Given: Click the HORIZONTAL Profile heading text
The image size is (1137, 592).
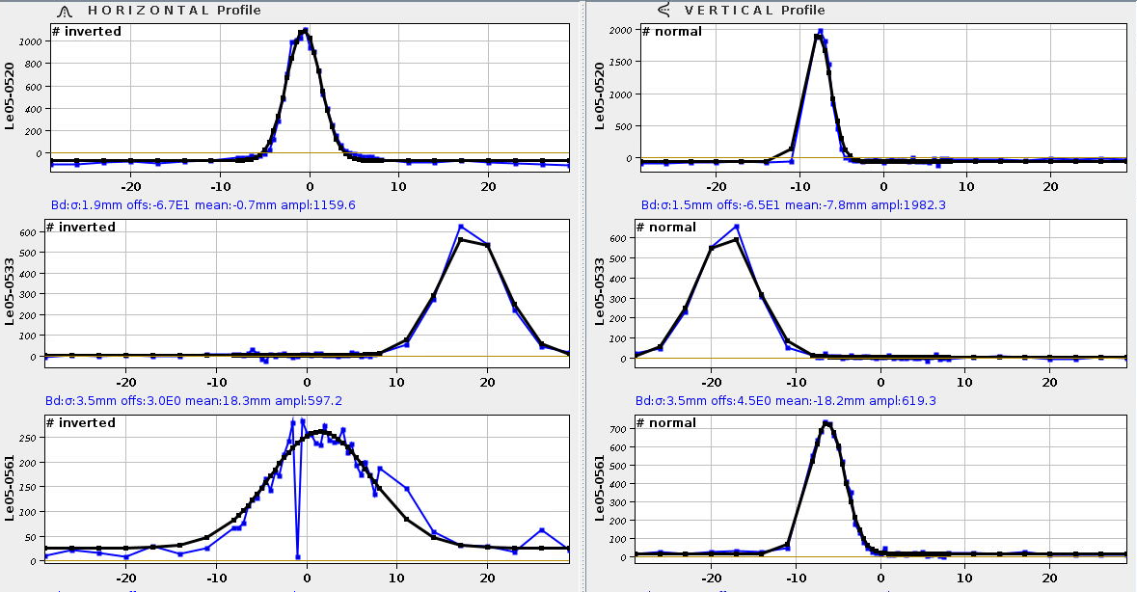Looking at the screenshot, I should point(174,10).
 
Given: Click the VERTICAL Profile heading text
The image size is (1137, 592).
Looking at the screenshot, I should point(754,10).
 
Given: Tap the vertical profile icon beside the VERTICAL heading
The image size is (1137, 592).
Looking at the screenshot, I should point(663,10).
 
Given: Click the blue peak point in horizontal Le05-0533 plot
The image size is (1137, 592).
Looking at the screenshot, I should point(461,227).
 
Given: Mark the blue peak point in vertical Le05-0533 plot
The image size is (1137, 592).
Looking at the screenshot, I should point(737,227).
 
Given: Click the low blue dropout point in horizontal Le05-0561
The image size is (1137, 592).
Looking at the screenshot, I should point(298,556).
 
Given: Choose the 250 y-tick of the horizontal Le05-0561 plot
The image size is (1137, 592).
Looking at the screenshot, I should point(30,438).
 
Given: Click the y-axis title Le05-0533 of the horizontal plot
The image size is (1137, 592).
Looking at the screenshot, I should point(9,290).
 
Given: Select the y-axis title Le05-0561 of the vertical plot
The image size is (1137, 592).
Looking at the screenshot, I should point(600,486).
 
